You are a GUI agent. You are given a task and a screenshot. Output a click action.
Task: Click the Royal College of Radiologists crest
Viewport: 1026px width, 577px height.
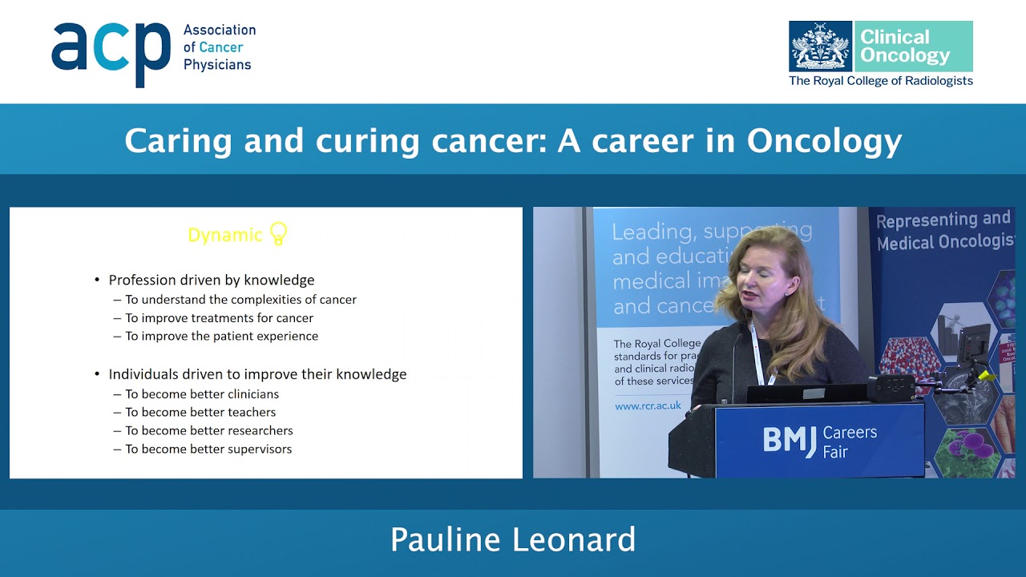[820, 46]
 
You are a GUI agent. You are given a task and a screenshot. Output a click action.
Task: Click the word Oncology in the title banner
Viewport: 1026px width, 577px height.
[824, 141]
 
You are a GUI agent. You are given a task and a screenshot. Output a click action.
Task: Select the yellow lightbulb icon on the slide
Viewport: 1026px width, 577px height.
[278, 233]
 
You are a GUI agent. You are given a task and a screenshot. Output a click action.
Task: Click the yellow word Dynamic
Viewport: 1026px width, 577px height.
[224, 235]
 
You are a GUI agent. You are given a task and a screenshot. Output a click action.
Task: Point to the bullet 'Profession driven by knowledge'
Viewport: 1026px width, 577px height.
[211, 280]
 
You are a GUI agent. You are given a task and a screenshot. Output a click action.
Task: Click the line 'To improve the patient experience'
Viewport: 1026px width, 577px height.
[221, 336]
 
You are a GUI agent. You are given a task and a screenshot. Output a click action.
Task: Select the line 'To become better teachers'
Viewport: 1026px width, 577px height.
[200, 412]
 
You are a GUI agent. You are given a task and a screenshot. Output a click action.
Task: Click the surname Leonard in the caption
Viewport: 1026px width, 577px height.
[574, 540]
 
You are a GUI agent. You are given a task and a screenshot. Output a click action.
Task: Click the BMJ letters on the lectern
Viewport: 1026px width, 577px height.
[790, 440]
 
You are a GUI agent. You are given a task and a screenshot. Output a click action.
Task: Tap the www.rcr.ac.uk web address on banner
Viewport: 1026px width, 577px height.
[648, 406]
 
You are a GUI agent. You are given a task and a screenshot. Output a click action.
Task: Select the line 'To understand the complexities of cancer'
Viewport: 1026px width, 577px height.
[240, 300]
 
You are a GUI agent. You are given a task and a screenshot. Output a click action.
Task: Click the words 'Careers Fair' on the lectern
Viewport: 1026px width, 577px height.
[850, 442]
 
